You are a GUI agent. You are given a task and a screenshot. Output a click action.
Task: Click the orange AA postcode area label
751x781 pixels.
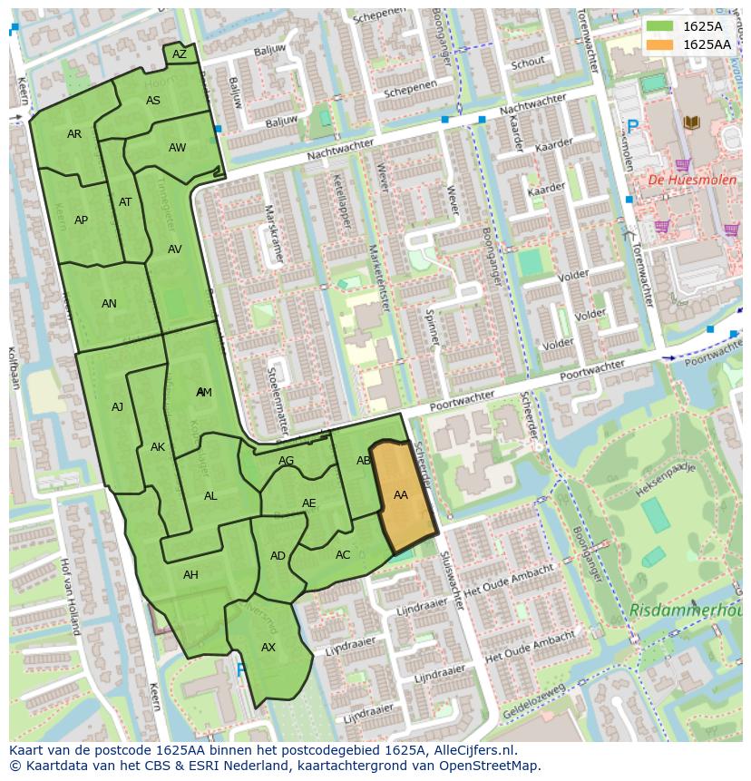coord(400,495)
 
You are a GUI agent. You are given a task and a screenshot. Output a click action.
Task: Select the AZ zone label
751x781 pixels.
coord(180,54)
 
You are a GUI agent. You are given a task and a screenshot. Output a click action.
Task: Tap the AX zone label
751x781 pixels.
coord(268,648)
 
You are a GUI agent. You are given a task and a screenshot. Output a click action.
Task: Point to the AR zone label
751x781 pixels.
coord(74,134)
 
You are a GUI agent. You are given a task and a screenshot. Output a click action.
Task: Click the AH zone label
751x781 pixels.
coord(190,575)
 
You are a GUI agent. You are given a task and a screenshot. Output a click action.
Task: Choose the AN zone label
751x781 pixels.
coord(109,304)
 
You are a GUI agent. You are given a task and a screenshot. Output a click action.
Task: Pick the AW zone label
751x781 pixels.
coord(177,148)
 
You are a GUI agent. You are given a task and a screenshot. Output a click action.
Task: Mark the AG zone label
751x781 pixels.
coord(287,461)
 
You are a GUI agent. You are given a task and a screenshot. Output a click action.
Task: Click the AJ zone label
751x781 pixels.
coord(117,407)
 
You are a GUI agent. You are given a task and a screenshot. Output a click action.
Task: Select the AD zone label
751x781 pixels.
coord(278,556)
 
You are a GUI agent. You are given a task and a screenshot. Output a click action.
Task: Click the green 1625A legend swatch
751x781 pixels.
coord(659,26)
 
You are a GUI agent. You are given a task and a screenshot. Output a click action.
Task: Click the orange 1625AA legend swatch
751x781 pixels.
coord(659,44)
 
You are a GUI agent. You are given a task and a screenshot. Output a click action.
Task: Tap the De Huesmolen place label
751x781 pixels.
coord(679,180)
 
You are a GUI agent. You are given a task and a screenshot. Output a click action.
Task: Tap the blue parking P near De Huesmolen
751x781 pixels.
coord(632,127)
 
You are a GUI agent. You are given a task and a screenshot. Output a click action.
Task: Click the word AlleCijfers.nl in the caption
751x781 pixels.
coord(471,750)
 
